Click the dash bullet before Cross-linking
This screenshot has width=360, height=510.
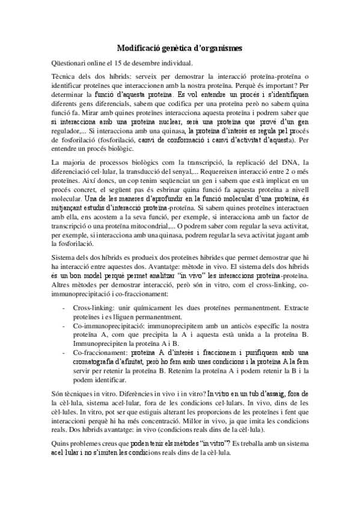(65, 307)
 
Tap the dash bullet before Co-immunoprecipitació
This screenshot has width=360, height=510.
(65, 325)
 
